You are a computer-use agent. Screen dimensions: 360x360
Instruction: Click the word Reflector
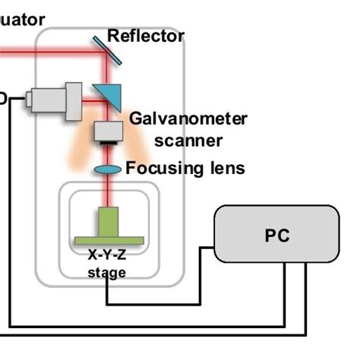[x=146, y=36]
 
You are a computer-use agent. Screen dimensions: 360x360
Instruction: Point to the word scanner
[x=188, y=140]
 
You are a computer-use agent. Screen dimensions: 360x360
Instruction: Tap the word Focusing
[x=162, y=168]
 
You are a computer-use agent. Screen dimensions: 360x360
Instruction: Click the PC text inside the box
[x=277, y=235]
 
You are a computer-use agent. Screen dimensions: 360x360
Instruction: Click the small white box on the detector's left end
[x=30, y=99]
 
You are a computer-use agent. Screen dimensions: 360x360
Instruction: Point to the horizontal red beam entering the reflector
[x=46, y=52]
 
